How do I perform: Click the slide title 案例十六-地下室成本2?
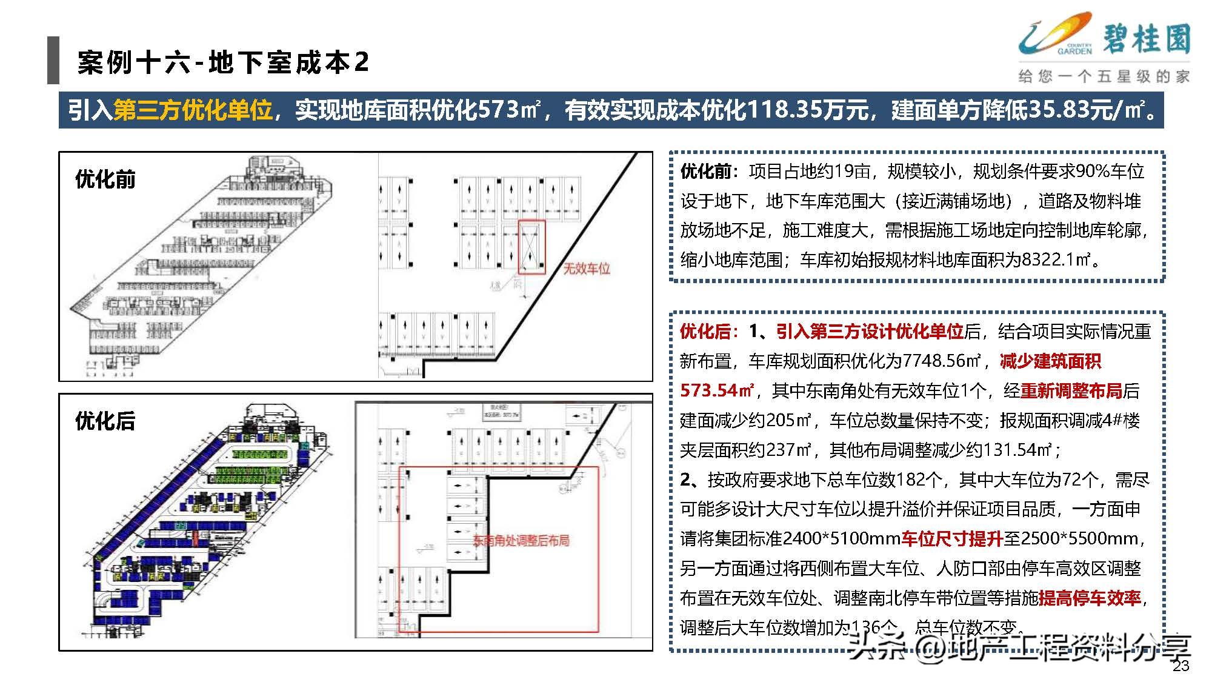(x=222, y=62)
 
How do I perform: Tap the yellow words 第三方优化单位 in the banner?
(x=193, y=110)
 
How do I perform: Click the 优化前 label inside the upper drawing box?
(x=105, y=179)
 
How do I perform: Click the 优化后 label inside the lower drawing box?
(x=105, y=421)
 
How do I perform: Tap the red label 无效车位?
(x=587, y=268)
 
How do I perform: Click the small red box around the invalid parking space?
(x=531, y=247)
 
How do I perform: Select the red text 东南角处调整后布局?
(x=521, y=540)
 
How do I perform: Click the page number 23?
(x=1180, y=666)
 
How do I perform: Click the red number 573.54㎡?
(x=718, y=390)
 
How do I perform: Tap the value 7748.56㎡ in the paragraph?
(x=941, y=361)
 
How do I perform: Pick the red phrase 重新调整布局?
(x=1071, y=390)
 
